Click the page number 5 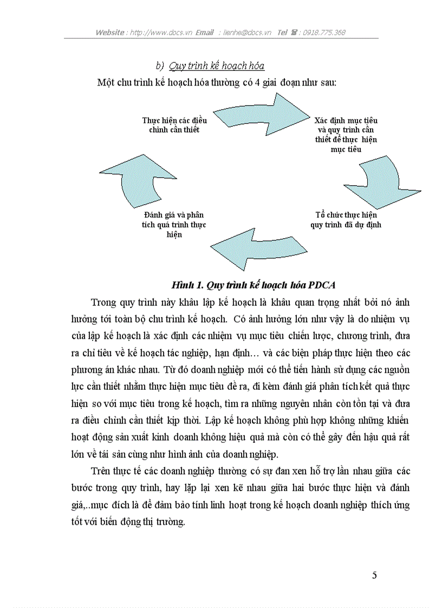tap(374, 575)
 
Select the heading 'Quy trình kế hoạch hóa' tap(217, 66)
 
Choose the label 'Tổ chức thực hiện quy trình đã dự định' tap(346, 219)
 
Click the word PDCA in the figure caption tap(324, 285)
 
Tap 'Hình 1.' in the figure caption tap(184, 285)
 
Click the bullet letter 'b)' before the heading tap(159, 66)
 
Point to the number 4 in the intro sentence tap(257, 82)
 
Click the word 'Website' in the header tap(109, 32)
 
